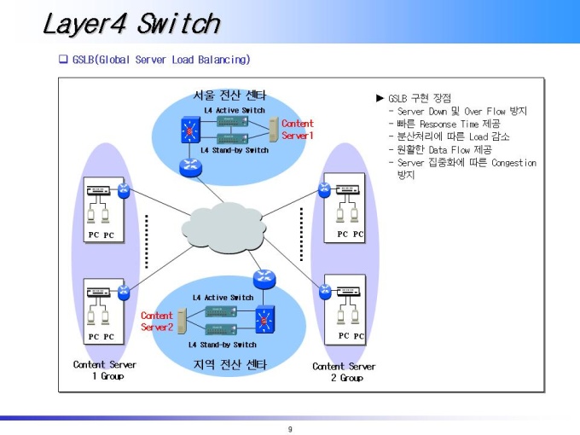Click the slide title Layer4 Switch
131,24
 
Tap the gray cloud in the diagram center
223,228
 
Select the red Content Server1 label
298,130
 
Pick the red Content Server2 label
157,321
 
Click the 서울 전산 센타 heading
229,96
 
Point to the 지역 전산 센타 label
229,365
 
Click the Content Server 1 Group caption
105,370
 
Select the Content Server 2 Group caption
344,372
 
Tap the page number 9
290,429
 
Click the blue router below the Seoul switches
190,167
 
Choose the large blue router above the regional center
264,279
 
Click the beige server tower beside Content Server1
273,130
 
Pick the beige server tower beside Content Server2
182,321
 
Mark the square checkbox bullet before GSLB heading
63,59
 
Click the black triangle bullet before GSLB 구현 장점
380,98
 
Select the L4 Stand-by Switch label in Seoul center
235,150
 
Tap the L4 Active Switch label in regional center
223,298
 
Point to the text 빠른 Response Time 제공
449,124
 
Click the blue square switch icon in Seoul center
190,130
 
